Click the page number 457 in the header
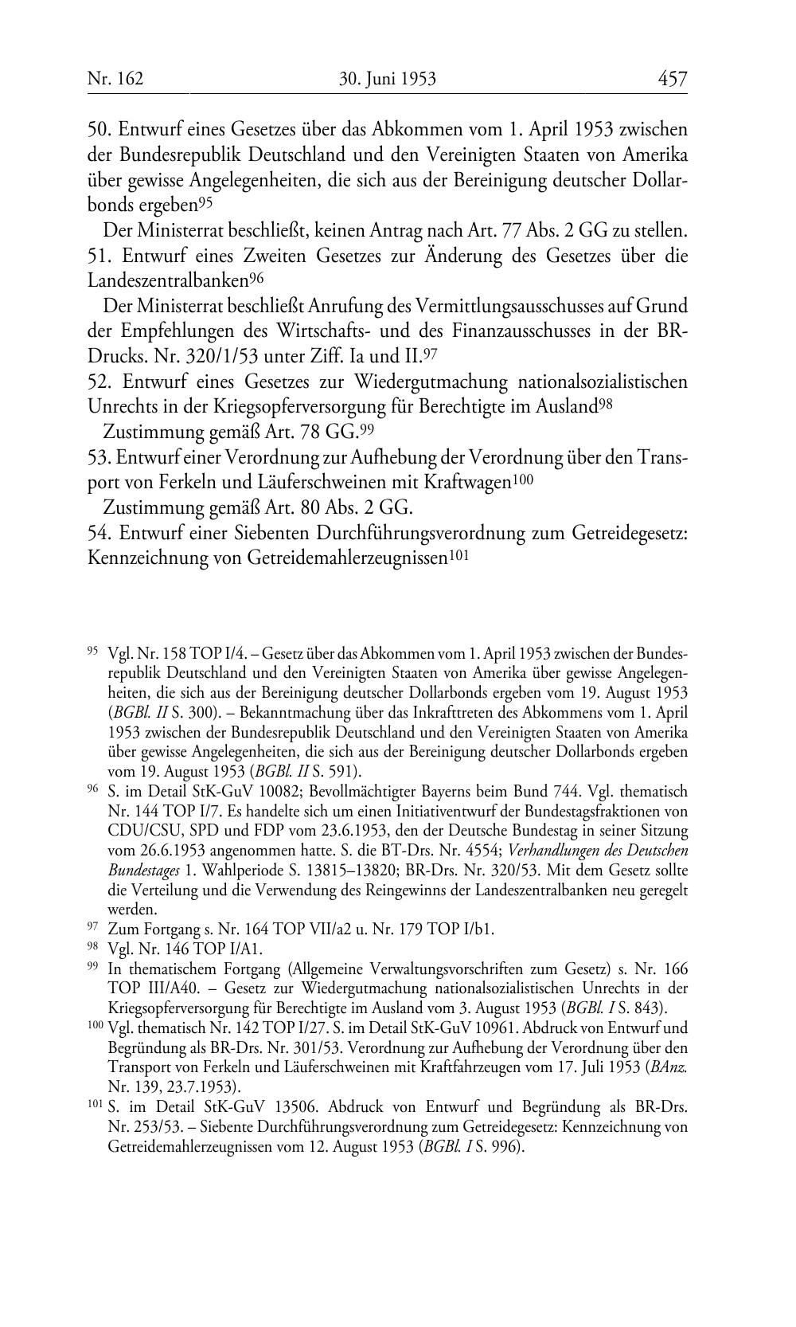click(672, 79)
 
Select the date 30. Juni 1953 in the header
click(387, 79)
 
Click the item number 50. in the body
click(102, 129)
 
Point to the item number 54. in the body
click(102, 533)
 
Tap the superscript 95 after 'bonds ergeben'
click(205, 203)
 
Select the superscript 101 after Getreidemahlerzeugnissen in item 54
click(457, 555)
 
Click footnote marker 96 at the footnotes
click(92, 789)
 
